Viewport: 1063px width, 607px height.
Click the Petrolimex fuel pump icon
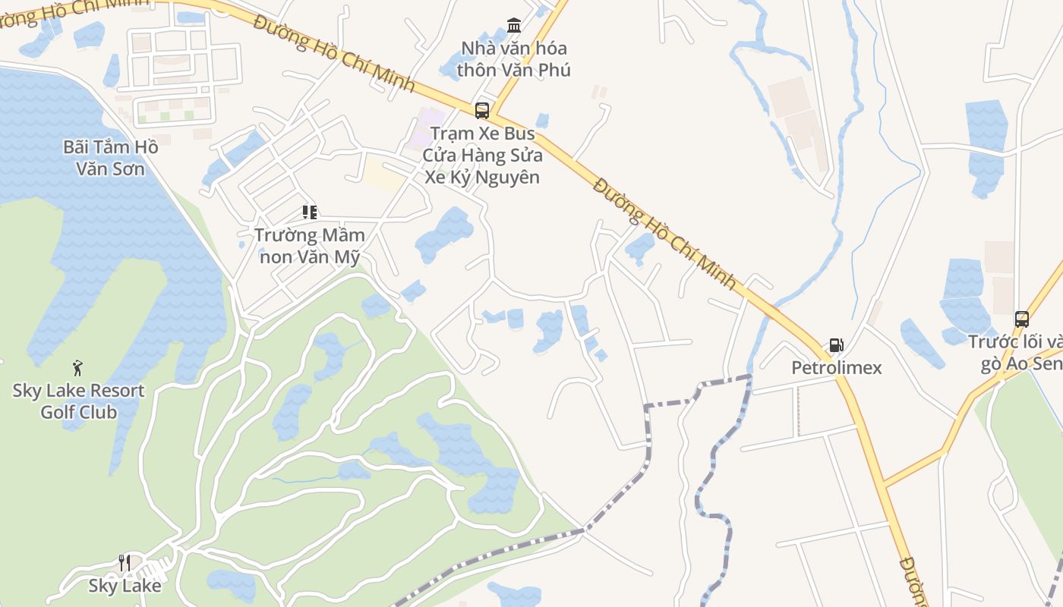coord(836,345)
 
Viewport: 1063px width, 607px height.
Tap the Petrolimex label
coord(837,368)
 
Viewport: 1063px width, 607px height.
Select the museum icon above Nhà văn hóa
coord(514,26)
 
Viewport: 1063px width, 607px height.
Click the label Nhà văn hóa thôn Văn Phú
coord(515,59)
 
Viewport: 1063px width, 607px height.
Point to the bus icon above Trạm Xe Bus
coord(482,111)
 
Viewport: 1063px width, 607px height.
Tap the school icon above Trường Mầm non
coord(309,212)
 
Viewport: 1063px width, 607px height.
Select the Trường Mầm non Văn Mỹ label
coord(310,246)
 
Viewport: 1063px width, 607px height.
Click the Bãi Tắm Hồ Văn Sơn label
coord(111,157)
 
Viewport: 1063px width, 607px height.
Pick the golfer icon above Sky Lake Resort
coord(77,369)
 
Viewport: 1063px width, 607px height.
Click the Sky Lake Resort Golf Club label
coord(79,401)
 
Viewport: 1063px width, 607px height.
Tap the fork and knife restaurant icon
coord(125,563)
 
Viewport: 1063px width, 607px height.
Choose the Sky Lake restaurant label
coord(125,586)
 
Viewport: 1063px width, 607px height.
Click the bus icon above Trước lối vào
coord(1022,319)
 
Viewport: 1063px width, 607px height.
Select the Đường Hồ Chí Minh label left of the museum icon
coord(334,52)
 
